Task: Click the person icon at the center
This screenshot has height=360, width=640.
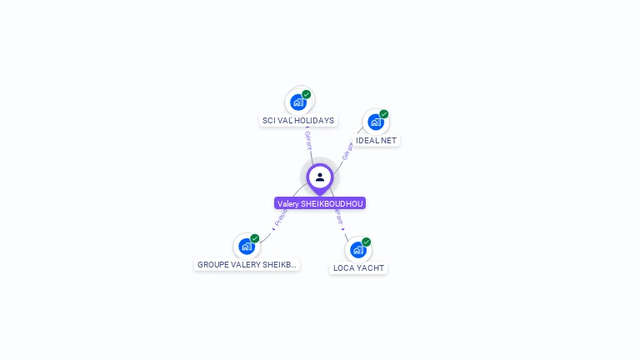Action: pos(320,177)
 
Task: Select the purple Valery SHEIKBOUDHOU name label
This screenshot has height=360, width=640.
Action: pos(320,203)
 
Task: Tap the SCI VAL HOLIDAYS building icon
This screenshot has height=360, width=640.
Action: pos(297,102)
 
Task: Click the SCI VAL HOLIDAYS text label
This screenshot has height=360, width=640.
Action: pos(298,121)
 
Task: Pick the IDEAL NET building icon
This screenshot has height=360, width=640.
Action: pos(375,122)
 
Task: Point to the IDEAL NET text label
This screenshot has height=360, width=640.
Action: pos(377,141)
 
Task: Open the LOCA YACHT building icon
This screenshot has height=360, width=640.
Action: pos(357,250)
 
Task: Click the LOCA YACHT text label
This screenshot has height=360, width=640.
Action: pos(358,268)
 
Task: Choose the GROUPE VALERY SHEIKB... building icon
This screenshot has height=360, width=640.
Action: pos(246,246)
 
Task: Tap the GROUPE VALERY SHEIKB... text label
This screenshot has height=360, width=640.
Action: pos(247,265)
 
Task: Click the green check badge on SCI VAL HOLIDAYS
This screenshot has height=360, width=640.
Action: pos(307,94)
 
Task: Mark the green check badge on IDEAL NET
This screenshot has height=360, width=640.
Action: pos(384,114)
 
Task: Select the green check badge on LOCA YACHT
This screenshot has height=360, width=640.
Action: pos(367,242)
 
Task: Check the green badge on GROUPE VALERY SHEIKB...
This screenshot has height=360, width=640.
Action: pos(255,238)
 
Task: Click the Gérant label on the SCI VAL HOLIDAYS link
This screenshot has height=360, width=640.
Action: pos(308,139)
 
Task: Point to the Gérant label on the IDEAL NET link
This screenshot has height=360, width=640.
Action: pos(347,151)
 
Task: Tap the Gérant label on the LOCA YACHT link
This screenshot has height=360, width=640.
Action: pos(338,216)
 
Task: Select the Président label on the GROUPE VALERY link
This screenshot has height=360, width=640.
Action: pos(280,218)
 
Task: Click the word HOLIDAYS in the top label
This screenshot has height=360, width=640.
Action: pos(317,121)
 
